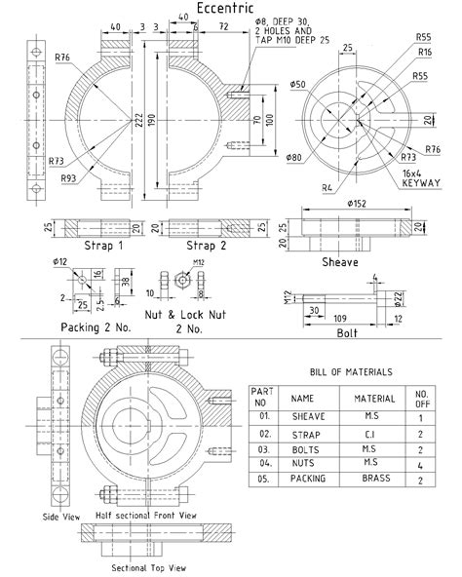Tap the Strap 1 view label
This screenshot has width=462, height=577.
(x=104, y=246)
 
